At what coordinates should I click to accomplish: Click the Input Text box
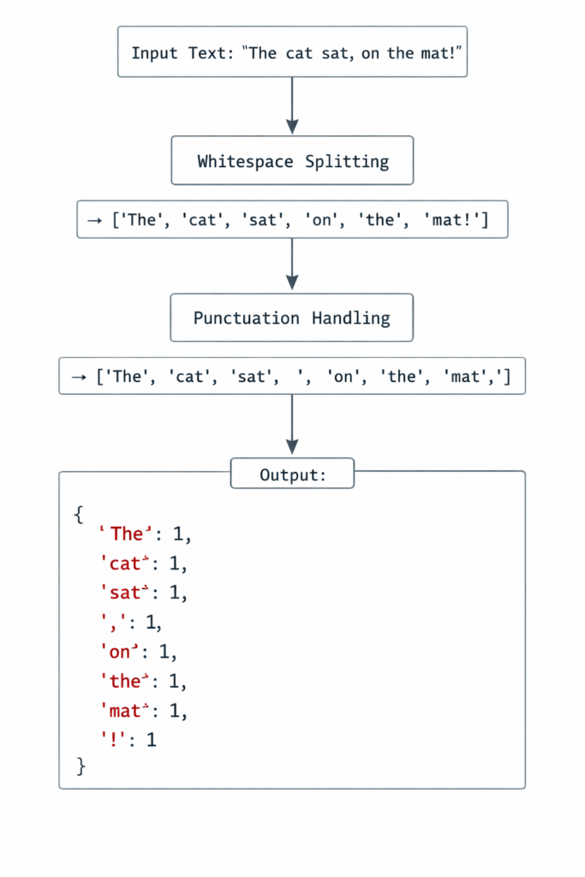(x=292, y=52)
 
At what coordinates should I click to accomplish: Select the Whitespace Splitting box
(x=292, y=161)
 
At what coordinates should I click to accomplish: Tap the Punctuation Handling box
(x=292, y=319)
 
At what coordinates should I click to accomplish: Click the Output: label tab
(x=292, y=474)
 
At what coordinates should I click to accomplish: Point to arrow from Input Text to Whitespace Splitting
(x=292, y=105)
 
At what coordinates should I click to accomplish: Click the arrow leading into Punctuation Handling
(x=292, y=265)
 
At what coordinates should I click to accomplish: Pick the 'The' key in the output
(x=127, y=534)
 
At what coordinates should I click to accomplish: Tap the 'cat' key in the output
(x=127, y=564)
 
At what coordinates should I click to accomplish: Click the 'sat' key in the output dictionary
(x=127, y=593)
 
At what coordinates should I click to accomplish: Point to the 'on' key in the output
(x=121, y=652)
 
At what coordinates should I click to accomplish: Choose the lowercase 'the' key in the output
(x=127, y=682)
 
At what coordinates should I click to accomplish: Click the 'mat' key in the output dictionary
(x=127, y=711)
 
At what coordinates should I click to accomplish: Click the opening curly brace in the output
(x=80, y=515)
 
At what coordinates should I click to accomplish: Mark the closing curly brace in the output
(x=81, y=766)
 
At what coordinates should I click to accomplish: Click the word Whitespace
(x=243, y=161)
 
